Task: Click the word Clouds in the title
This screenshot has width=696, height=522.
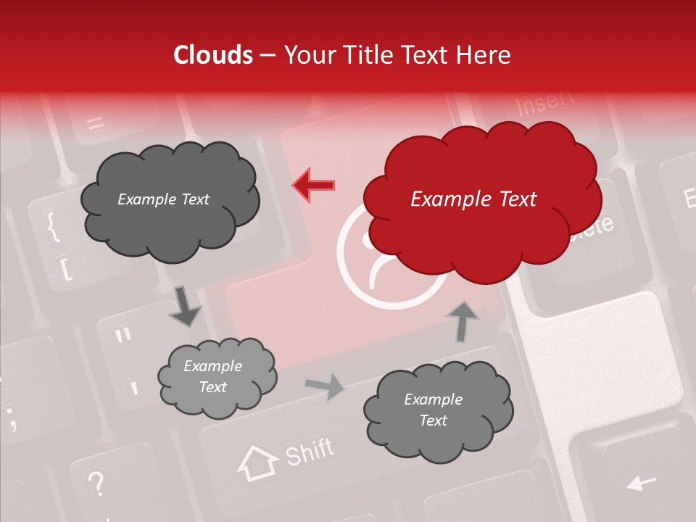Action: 213,56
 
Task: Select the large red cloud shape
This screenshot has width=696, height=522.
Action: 482,199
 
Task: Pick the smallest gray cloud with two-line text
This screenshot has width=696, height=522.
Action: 217,377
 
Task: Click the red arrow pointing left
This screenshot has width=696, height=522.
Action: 314,185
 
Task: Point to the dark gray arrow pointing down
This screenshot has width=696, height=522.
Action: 185,306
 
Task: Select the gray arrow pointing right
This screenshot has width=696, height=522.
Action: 325,386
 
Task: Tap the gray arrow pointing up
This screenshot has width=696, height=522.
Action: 463,320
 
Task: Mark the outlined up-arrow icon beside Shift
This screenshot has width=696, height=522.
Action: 258,463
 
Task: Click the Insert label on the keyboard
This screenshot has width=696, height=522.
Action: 545,103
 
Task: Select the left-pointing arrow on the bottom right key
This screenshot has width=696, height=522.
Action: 641,481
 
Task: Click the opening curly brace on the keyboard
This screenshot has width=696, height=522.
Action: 53,226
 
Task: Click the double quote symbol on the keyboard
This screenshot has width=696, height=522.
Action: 123,336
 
